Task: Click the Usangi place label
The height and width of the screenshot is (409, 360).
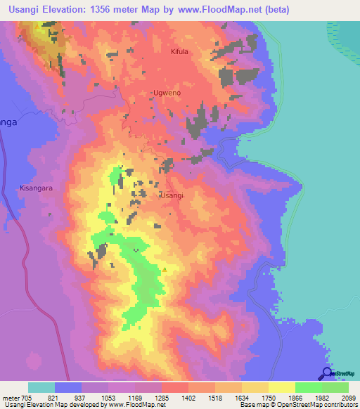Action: click(172, 195)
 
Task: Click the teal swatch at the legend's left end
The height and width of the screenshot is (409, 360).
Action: click(41, 387)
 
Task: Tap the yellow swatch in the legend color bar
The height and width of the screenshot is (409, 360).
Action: click(281, 387)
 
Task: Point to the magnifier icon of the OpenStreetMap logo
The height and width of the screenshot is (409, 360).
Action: click(326, 373)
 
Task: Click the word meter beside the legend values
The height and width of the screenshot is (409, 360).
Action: click(10, 397)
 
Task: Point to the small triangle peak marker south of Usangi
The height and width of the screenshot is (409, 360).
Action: click(165, 268)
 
